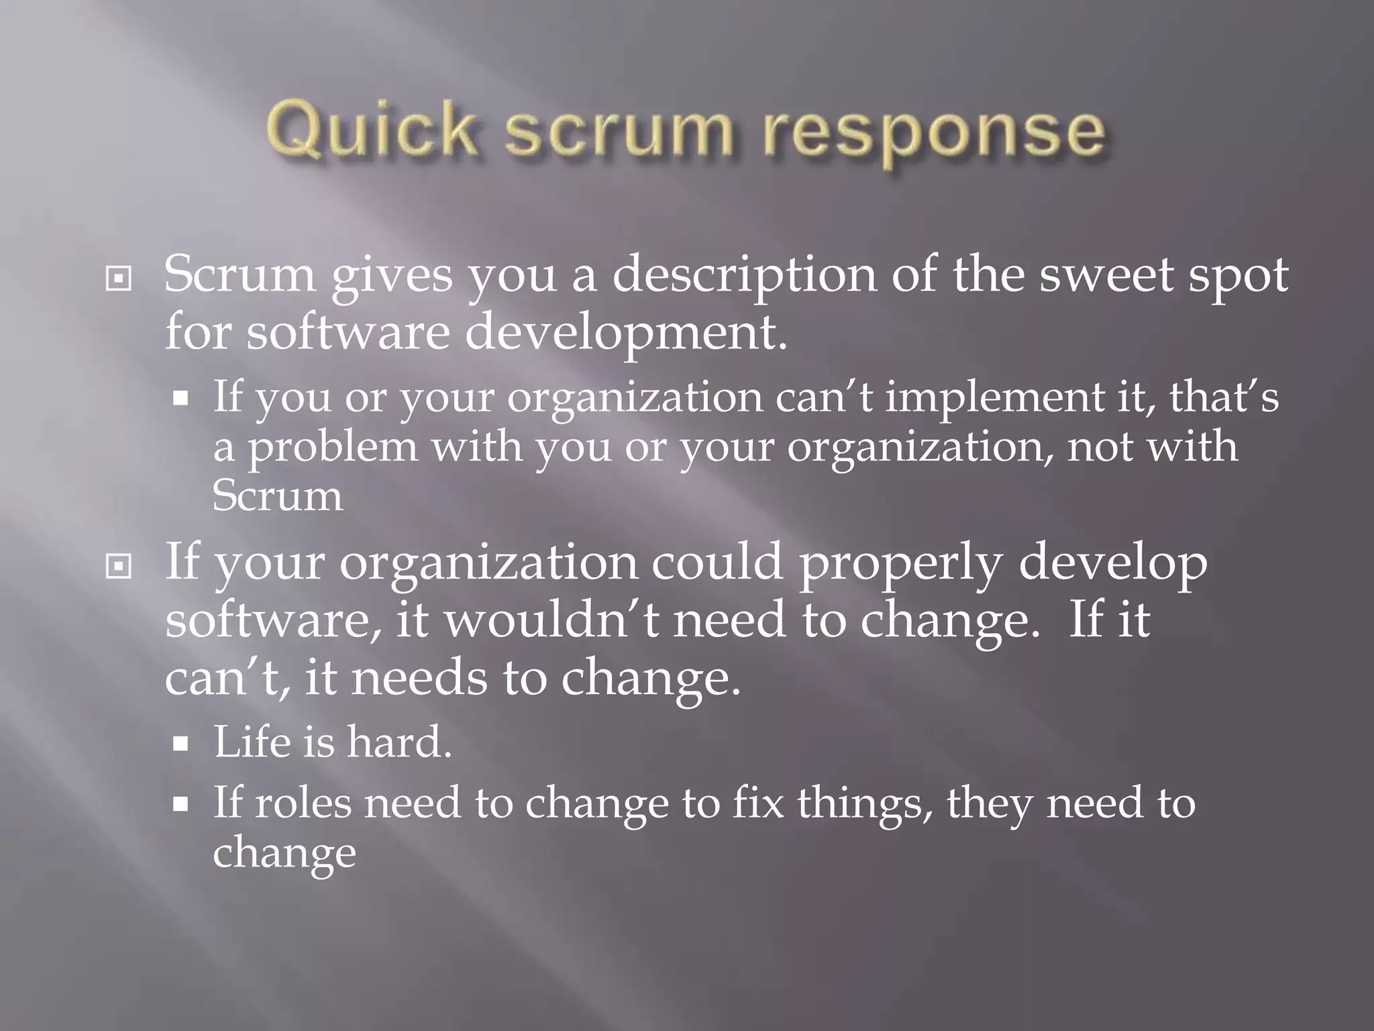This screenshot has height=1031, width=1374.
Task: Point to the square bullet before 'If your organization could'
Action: [119, 567]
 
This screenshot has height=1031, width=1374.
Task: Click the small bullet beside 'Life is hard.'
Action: [180, 744]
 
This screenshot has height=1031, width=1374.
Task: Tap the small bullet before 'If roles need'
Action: [180, 804]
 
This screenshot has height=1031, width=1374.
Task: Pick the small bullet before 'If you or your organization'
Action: [180, 399]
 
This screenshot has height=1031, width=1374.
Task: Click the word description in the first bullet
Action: [744, 277]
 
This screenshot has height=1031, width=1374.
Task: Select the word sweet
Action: [1106, 275]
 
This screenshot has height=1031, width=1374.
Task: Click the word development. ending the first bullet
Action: [625, 333]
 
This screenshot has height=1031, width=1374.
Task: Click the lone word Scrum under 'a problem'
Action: [277, 497]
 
